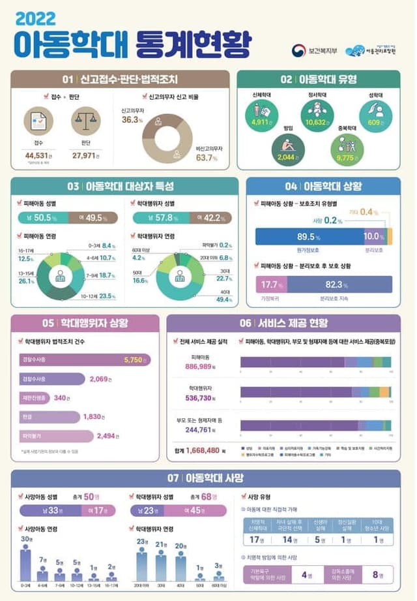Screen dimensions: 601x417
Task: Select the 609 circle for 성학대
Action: (375, 121)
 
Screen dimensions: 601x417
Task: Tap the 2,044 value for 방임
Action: (287, 157)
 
